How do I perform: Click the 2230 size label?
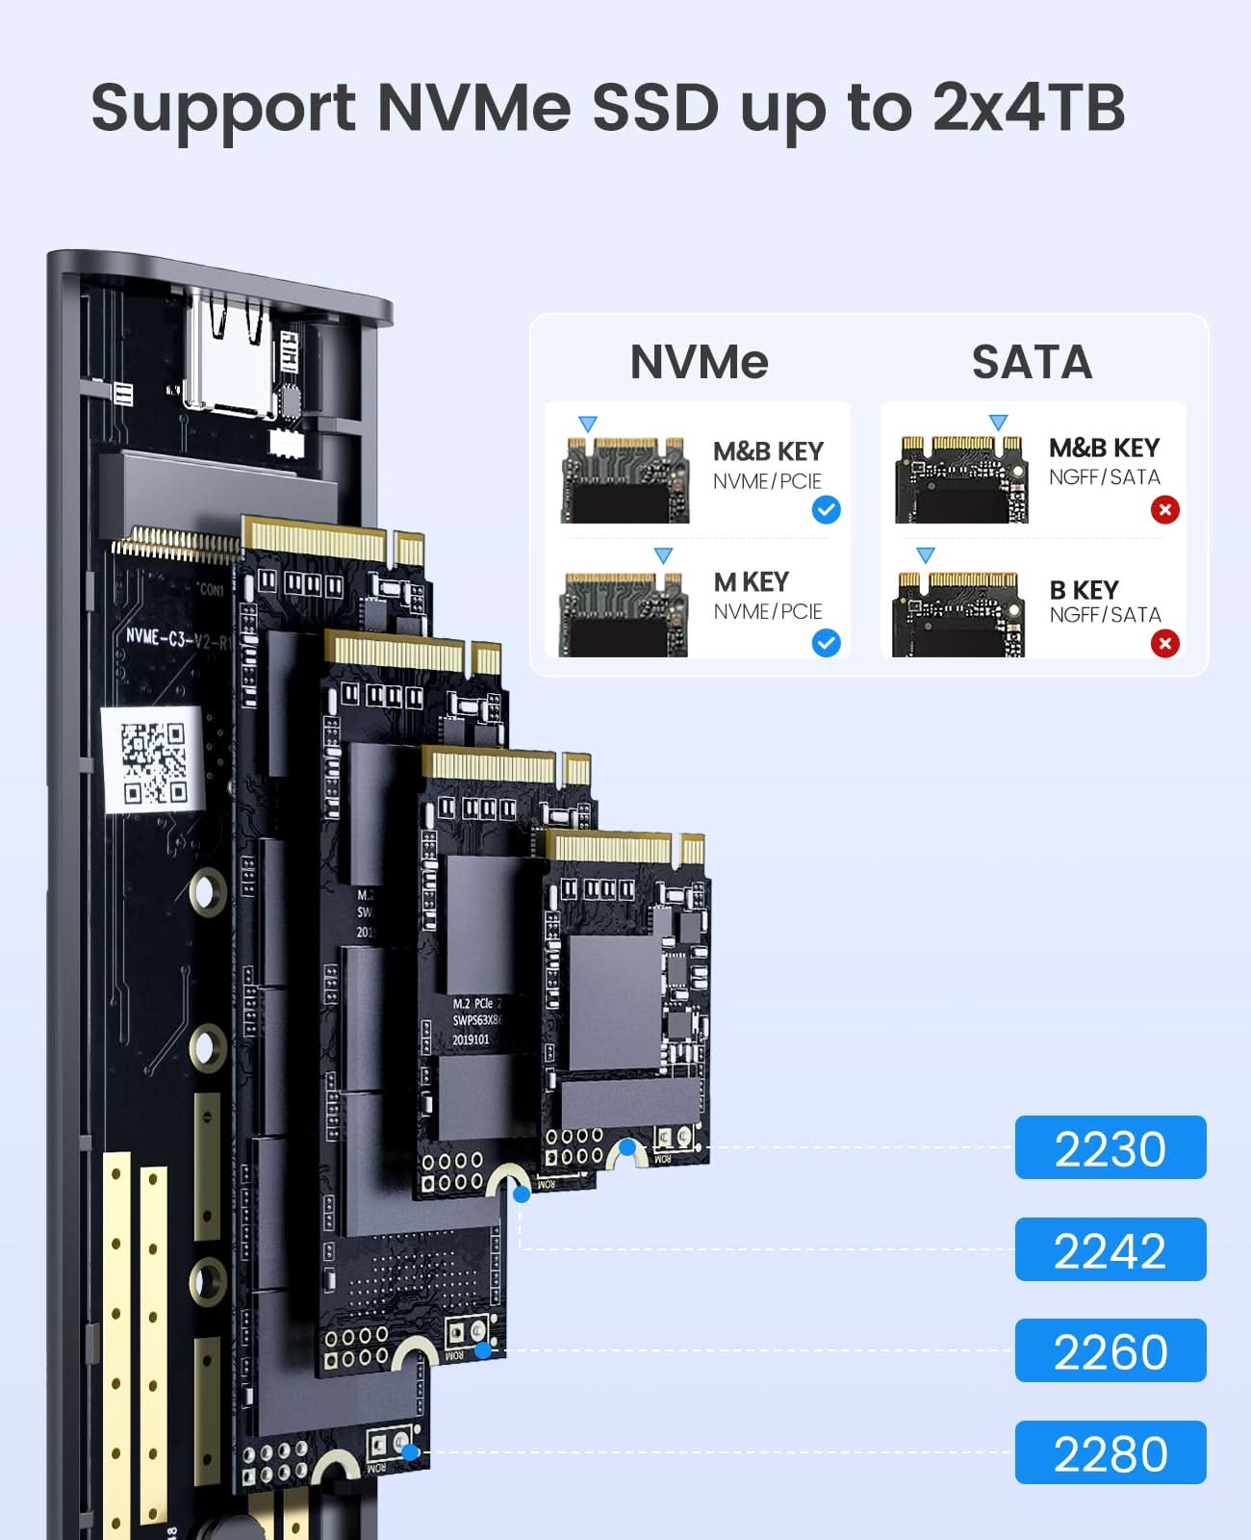[1110, 1147]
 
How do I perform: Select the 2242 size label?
[1110, 1249]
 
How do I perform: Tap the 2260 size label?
[1110, 1350]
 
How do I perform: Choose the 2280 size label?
[1110, 1452]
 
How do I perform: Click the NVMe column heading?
[699, 362]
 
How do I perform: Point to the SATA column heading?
[1032, 362]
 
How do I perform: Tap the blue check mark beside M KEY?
[826, 642]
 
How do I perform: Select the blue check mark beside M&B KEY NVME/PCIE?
[826, 509]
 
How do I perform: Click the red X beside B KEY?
[1164, 643]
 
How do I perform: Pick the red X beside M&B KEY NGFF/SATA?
[1164, 509]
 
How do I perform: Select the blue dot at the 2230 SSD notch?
[627, 1147]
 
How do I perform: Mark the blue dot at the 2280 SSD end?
[411, 1451]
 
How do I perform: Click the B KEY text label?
[1084, 590]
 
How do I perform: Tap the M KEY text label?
[751, 582]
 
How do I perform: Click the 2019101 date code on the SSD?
[471, 1039]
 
